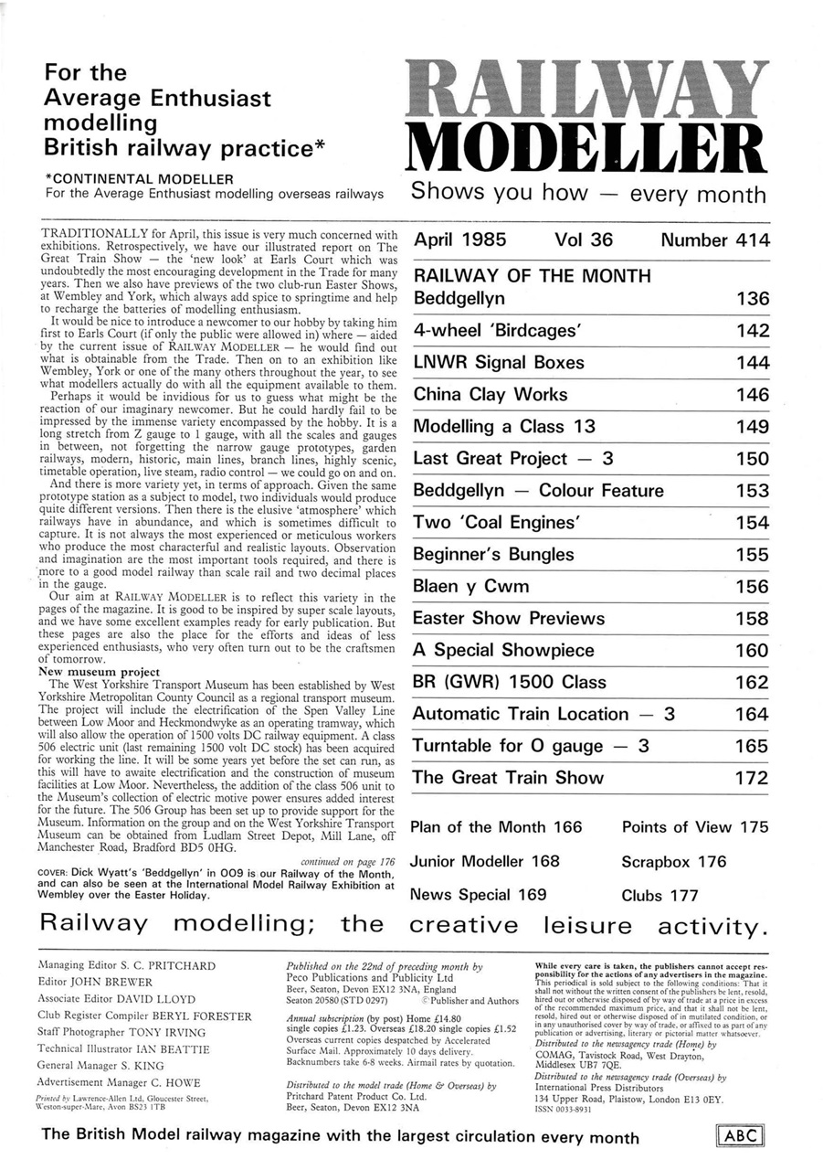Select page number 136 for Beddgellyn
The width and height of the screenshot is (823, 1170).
point(752,299)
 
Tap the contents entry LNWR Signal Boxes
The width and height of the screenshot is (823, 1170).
point(499,363)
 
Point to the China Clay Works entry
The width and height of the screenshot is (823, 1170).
point(491,395)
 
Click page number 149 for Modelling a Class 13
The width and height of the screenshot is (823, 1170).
point(752,427)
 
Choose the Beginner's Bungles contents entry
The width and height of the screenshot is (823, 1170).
point(494,555)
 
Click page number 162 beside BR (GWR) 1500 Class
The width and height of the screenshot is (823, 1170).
point(752,683)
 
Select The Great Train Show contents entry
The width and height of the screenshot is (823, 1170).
point(508,778)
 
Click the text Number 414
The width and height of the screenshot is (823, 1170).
point(714,241)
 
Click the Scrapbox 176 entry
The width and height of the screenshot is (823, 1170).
point(674,861)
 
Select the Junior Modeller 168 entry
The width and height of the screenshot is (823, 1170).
point(485,861)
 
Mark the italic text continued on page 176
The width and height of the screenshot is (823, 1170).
point(347,861)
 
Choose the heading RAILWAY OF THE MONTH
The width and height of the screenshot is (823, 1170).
point(533,276)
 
